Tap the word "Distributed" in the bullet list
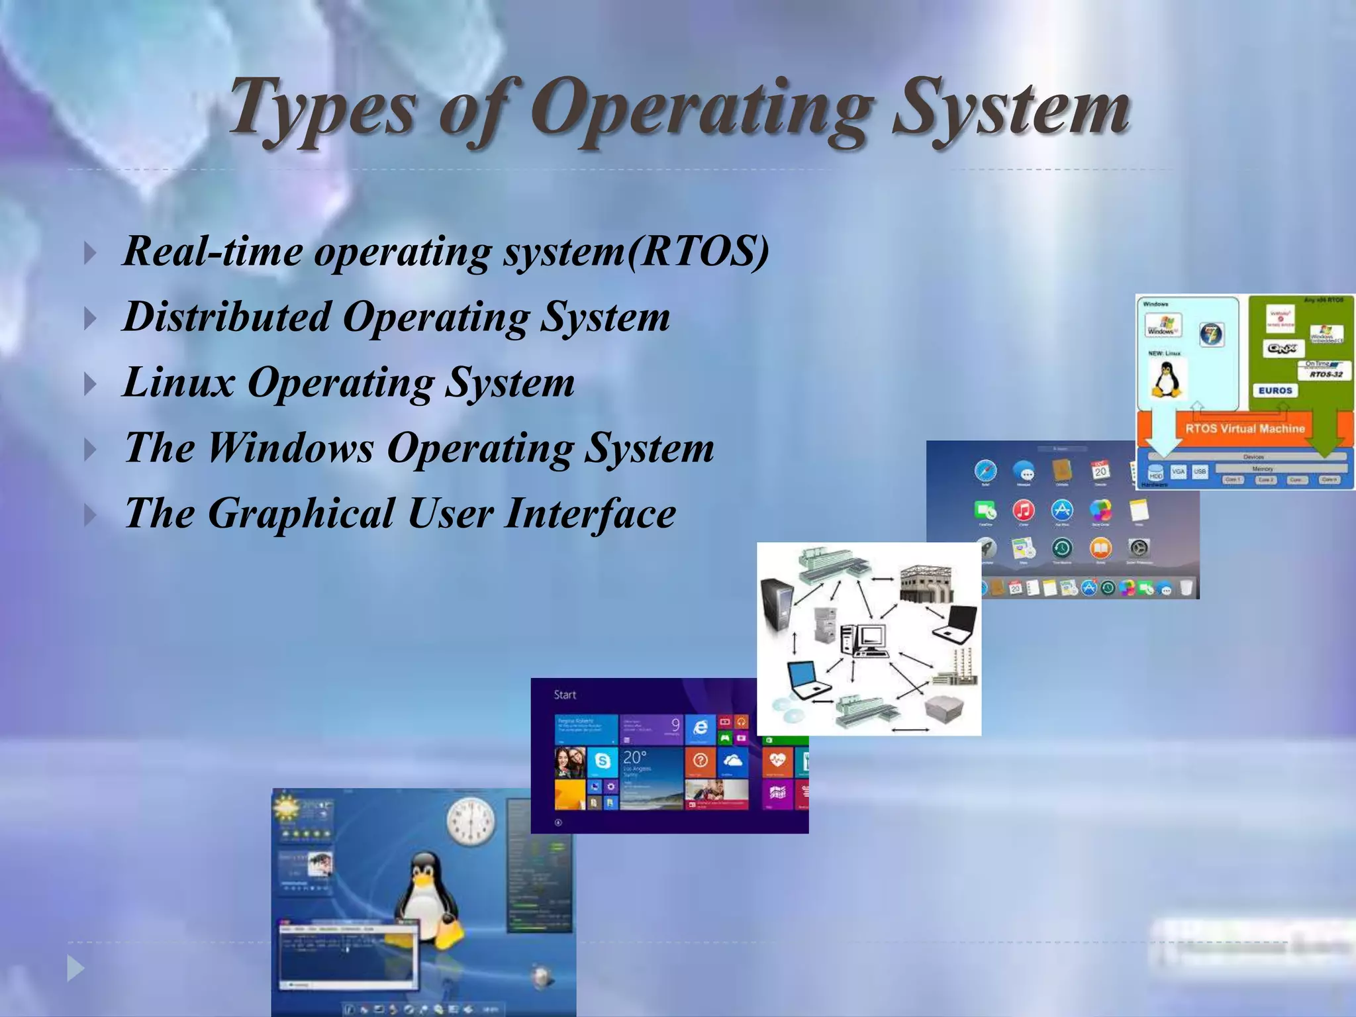click(x=226, y=316)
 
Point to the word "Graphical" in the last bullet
click(x=301, y=513)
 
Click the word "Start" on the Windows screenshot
click(x=565, y=695)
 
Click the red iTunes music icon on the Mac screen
click(x=1024, y=510)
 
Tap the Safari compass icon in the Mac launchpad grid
click(x=985, y=471)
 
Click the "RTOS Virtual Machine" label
click(x=1245, y=428)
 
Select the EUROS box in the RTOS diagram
click(x=1275, y=391)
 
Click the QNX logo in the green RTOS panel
click(x=1283, y=348)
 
